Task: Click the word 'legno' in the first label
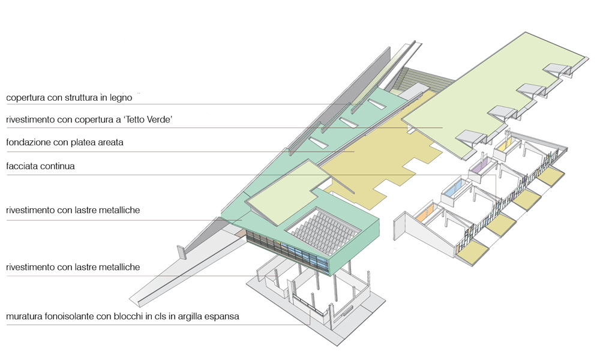tap(121, 98)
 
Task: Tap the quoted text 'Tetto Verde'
tap(148, 119)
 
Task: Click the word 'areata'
tap(110, 143)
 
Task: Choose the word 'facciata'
tap(22, 166)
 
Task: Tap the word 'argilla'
tap(188, 317)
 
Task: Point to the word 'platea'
tap(83, 143)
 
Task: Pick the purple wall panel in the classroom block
tap(478, 166)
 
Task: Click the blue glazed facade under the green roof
tap(302, 255)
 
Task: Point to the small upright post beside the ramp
tap(181, 253)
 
